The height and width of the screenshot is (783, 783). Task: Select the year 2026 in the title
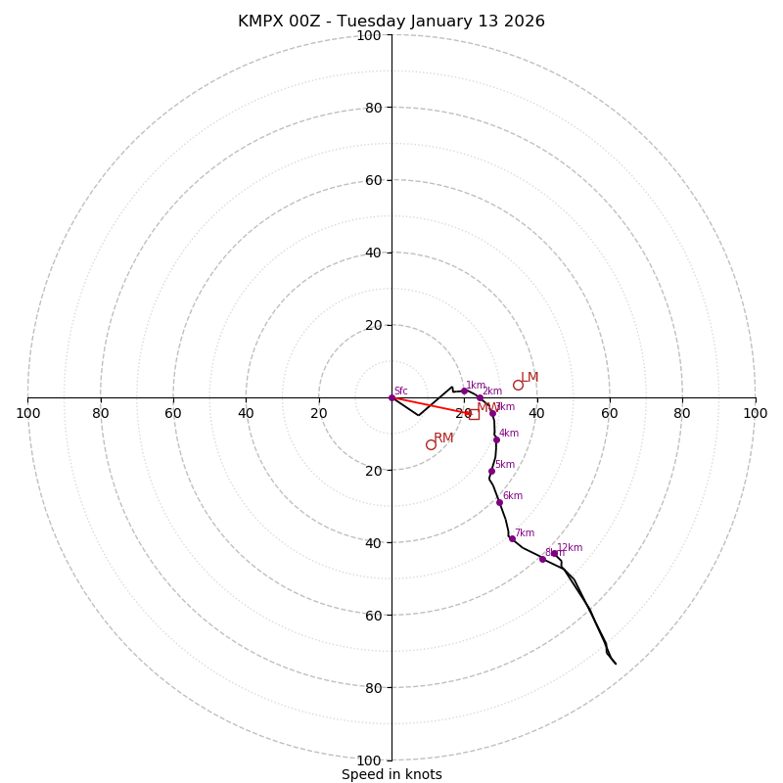point(525,22)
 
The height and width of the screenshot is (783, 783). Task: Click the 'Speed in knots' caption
point(391,774)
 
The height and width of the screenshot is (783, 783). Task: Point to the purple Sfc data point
point(391,397)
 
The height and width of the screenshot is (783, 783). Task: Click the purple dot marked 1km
point(465,391)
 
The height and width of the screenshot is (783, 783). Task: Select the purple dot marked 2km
point(481,398)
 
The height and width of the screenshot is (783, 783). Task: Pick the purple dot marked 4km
point(496,439)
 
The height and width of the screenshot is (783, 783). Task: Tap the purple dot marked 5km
point(491,471)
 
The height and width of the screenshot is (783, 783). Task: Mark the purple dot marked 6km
point(499,502)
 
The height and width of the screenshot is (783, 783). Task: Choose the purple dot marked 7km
point(512,538)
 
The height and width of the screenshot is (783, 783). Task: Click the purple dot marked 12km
point(554,553)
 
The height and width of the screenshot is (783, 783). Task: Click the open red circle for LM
point(518,385)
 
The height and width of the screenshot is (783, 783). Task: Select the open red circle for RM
point(431,444)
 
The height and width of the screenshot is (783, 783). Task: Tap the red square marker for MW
point(474,414)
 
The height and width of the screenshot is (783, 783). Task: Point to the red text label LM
point(530,378)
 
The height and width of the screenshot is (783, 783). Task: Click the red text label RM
point(443,438)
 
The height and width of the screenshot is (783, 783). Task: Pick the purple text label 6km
point(513,496)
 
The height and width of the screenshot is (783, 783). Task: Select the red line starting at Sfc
point(431,405)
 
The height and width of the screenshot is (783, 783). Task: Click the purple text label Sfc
point(401,391)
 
